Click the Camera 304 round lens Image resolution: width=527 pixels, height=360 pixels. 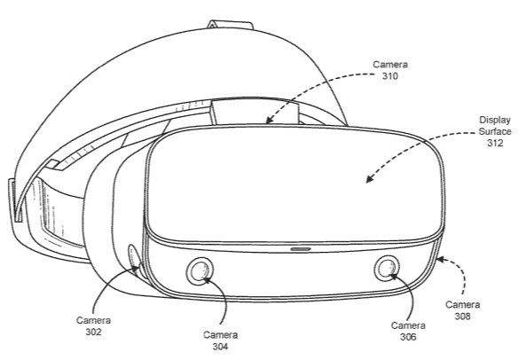coord(200,270)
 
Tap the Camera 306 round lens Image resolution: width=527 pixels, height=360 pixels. coord(387,269)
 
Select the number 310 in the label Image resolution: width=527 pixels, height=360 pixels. coord(389,76)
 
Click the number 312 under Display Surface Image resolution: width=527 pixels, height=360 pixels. coord(495,143)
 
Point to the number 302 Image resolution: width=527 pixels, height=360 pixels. coord(93,332)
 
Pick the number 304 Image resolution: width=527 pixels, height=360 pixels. coord(221,346)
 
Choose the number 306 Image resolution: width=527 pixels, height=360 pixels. coord(408,337)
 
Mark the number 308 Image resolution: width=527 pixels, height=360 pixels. coord(462,316)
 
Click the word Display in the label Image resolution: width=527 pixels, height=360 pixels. coord(495,121)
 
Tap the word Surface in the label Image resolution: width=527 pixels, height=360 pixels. coord(495,131)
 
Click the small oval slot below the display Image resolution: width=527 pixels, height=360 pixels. coord(301,249)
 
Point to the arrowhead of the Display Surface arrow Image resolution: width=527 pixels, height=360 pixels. coord(369,179)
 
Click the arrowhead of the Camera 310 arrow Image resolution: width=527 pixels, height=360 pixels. coord(269,119)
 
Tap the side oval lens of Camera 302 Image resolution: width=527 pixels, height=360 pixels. coord(134,259)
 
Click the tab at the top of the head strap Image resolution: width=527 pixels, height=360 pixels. coord(230,26)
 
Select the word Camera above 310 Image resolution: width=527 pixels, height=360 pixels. coord(390,65)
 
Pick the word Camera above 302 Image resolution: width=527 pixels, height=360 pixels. coord(93,321)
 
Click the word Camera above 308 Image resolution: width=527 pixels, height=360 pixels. coord(463,305)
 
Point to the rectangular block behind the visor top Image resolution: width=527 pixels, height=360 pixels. coord(255,113)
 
